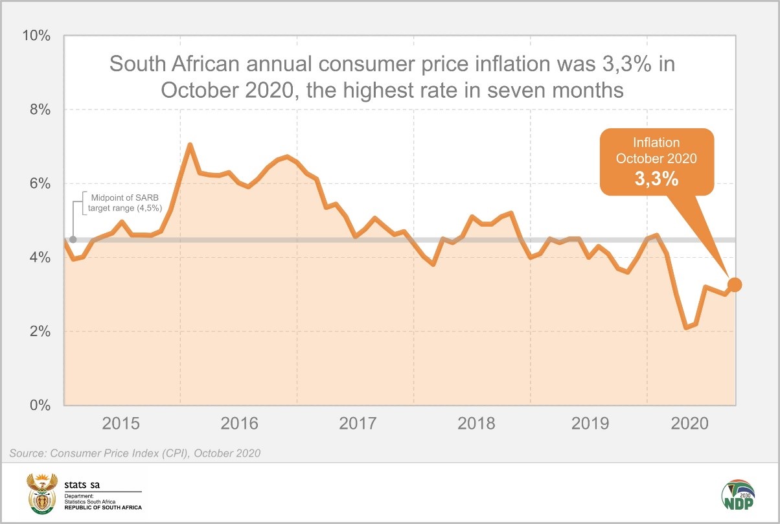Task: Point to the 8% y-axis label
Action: point(37,109)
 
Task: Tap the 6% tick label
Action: point(37,184)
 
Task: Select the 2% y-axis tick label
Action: point(37,332)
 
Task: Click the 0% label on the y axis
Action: point(37,405)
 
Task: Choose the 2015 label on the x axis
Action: point(121,424)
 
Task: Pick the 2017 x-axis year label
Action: point(358,424)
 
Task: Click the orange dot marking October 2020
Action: point(735,284)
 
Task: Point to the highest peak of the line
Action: point(190,144)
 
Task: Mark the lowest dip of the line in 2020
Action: point(686,328)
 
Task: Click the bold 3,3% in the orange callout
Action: point(656,179)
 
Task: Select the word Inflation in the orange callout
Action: point(656,142)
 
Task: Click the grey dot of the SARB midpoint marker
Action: point(73,240)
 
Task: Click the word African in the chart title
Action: point(216,64)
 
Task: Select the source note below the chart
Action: point(135,453)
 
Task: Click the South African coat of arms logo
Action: point(41,493)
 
